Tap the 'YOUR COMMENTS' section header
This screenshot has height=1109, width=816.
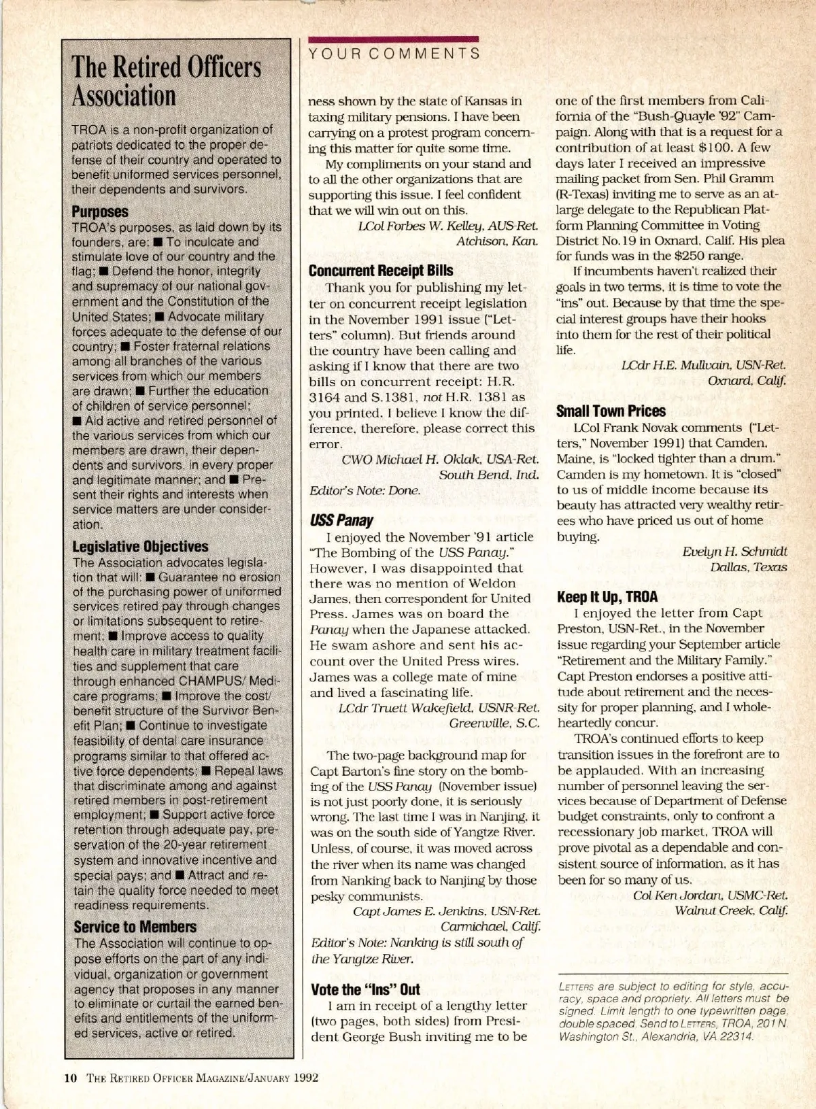click(394, 53)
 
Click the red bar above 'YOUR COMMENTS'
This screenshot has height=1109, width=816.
click(394, 39)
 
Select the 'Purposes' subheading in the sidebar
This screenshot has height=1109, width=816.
click(100, 211)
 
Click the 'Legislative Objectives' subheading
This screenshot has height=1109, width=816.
click(140, 547)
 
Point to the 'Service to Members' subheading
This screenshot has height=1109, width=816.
click(135, 927)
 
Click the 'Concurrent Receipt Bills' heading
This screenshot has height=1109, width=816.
click(381, 271)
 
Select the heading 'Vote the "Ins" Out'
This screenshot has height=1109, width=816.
click(365, 989)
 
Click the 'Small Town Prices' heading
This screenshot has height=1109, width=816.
click(611, 411)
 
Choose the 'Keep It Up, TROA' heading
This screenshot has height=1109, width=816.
click(607, 597)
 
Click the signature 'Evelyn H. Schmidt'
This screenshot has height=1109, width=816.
click(734, 551)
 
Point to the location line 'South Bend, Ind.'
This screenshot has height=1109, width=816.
click(489, 474)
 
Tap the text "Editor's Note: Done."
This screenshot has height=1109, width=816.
click(364, 490)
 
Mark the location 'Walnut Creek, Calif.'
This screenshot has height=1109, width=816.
click(731, 910)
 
